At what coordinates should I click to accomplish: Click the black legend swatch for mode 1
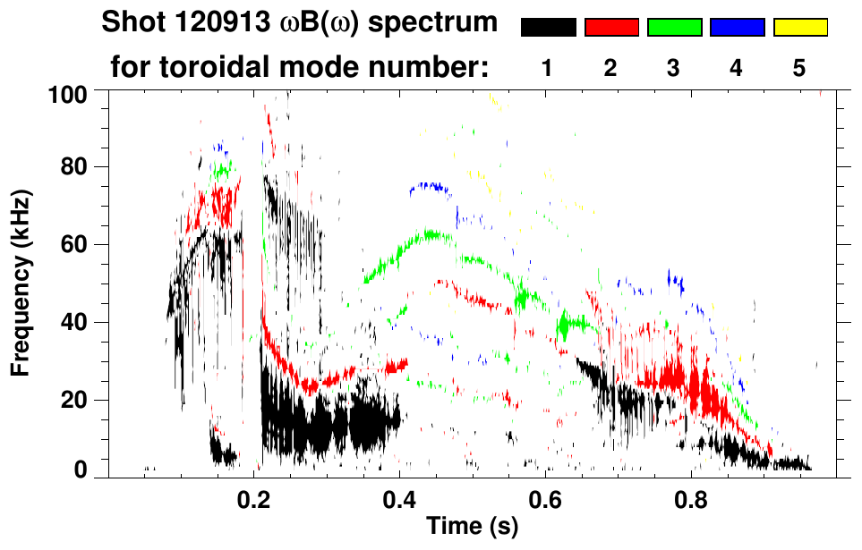[548, 28]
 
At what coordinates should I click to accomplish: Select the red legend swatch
[611, 28]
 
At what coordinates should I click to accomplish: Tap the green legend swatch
[674, 28]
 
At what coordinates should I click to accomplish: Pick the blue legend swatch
[737, 28]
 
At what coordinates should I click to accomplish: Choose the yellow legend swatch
[799, 28]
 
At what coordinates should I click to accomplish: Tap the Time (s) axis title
[472, 527]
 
